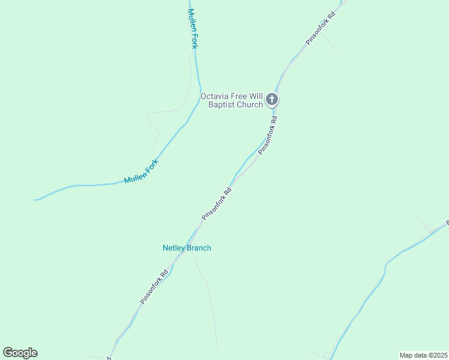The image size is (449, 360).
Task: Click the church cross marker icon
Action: tap(272, 100)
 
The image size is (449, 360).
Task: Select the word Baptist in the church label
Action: tap(221, 105)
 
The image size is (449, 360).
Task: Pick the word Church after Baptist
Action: tap(250, 105)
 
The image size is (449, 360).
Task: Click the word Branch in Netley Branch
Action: tap(199, 248)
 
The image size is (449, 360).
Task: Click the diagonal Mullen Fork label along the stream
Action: tap(141, 172)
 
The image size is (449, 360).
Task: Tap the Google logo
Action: tap(20, 353)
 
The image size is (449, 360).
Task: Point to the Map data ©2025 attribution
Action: tap(423, 355)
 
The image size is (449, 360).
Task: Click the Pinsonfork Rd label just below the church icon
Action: tap(268, 136)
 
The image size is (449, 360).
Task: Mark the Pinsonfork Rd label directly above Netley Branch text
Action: tap(217, 204)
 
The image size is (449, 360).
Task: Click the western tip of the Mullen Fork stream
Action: tap(35, 199)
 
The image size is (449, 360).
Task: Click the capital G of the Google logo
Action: tap(8, 353)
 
